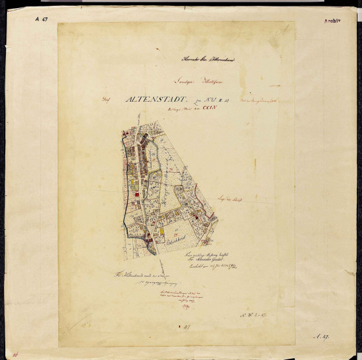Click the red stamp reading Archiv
click(x=332, y=21)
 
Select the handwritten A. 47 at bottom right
click(x=321, y=336)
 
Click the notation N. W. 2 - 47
click(x=253, y=315)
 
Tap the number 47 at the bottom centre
click(x=187, y=328)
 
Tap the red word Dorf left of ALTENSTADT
click(x=105, y=99)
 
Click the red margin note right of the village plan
click(x=230, y=199)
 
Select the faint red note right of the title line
click(x=261, y=100)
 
